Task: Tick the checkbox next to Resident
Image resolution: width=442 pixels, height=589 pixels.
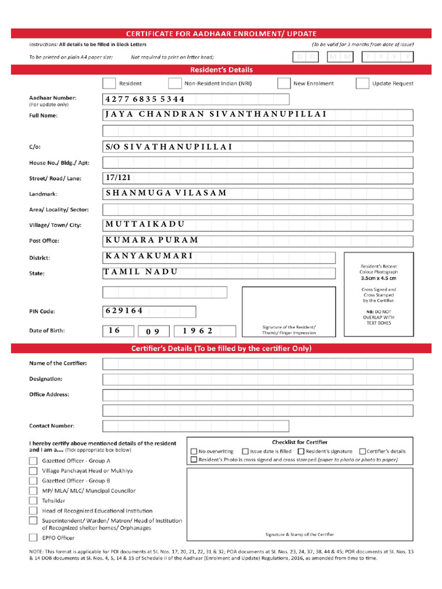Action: [108, 83]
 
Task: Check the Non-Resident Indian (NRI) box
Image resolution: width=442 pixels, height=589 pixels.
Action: [174, 83]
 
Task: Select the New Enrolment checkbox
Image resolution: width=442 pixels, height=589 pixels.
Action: [283, 83]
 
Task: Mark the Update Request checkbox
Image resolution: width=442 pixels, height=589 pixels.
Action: [362, 83]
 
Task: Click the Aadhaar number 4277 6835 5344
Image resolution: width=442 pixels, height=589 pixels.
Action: [144, 100]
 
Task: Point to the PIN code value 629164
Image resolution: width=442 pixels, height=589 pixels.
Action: [124, 311]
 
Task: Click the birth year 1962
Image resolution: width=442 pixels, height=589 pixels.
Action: [198, 331]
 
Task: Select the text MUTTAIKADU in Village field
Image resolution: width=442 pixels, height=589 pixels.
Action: [144, 224]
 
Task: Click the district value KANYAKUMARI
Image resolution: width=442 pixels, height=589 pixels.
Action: [149, 256]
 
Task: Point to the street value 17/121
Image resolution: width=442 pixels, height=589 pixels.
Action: [118, 178]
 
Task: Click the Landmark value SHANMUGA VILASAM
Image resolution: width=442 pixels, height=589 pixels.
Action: [166, 193]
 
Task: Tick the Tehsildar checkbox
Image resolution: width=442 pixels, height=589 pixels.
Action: [33, 500]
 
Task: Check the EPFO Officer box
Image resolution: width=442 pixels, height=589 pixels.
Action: [33, 538]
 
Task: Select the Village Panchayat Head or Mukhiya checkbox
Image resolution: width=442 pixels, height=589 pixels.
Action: [33, 471]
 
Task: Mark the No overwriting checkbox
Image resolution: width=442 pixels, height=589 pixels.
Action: [194, 452]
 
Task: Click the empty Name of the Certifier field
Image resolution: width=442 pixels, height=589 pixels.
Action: [257, 364]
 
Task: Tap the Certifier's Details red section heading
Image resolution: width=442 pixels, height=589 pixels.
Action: [221, 349]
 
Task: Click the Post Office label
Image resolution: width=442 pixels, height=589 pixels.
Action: [44, 241]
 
